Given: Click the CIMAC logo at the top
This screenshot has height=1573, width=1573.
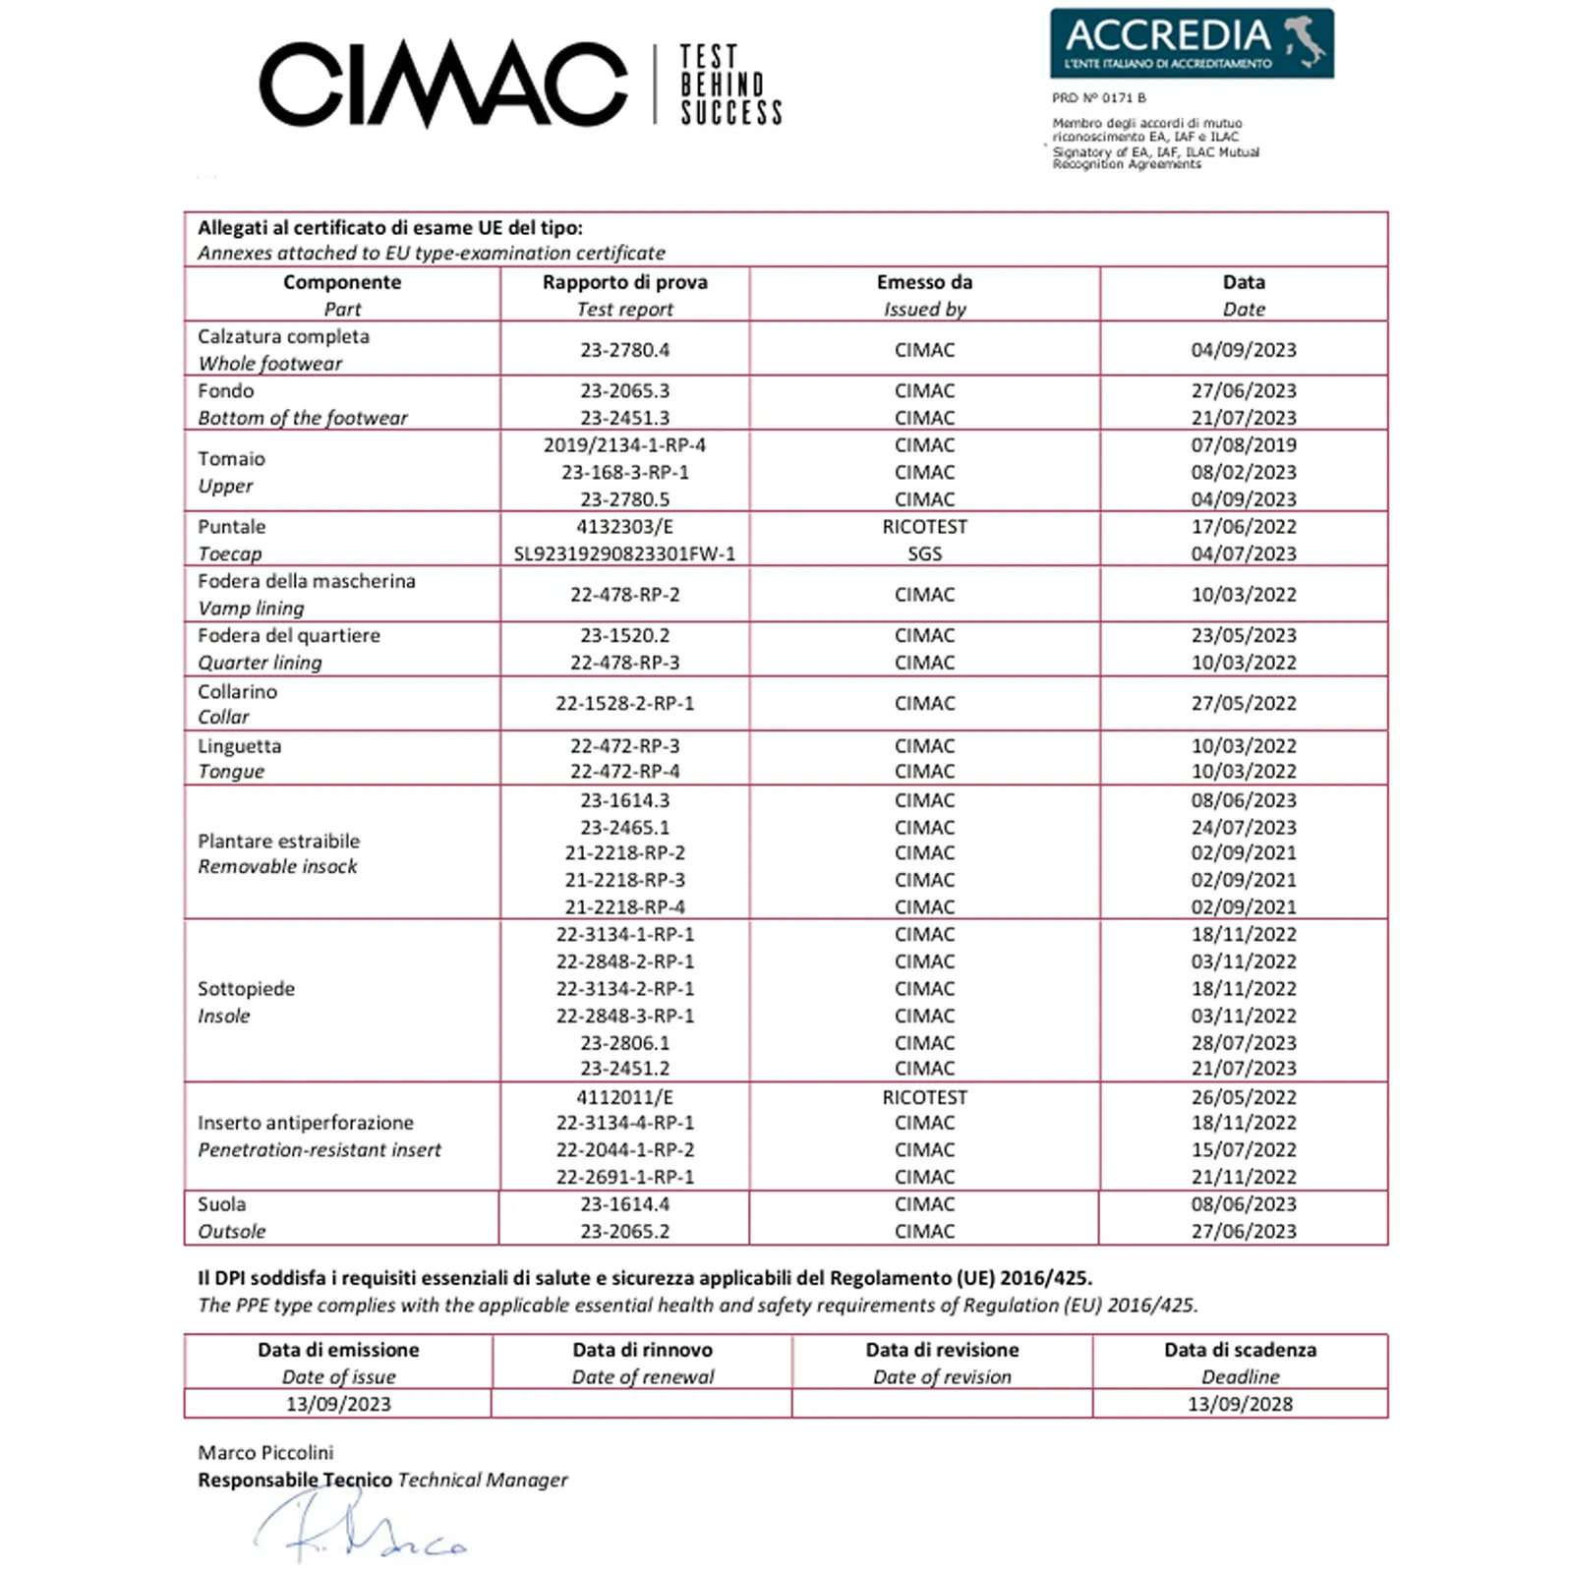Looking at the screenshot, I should [442, 85].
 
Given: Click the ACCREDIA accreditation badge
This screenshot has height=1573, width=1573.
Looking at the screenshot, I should [1192, 43].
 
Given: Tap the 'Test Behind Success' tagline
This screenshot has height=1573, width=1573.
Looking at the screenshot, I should [730, 85].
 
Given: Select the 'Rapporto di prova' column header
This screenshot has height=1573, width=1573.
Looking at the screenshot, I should [624, 282].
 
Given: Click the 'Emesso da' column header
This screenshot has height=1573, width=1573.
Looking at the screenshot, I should [924, 282].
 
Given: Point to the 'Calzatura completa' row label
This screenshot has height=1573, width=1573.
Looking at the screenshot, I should [283, 336].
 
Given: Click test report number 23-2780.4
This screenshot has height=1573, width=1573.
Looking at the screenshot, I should [624, 350].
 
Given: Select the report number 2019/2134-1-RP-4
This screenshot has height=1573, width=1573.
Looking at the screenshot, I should [624, 445].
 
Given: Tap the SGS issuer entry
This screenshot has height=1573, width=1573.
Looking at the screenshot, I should [924, 553].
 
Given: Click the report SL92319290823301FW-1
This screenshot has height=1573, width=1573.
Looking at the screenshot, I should [624, 553].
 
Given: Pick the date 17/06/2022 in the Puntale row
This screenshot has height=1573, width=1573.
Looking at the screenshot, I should [1244, 527].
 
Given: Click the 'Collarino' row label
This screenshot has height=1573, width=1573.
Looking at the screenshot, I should [237, 691].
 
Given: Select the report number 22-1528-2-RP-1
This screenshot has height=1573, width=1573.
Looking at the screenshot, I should [624, 703].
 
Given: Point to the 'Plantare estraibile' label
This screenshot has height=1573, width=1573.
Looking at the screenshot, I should [278, 841].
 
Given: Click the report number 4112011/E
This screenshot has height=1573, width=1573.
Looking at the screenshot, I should [624, 1097].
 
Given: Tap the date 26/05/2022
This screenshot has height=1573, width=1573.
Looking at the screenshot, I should [1244, 1097].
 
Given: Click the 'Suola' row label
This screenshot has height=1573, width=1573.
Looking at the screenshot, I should [221, 1204].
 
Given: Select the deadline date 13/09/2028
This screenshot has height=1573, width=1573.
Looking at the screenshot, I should [1240, 1404].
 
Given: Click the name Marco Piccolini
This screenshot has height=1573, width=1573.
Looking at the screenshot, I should [265, 1452].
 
